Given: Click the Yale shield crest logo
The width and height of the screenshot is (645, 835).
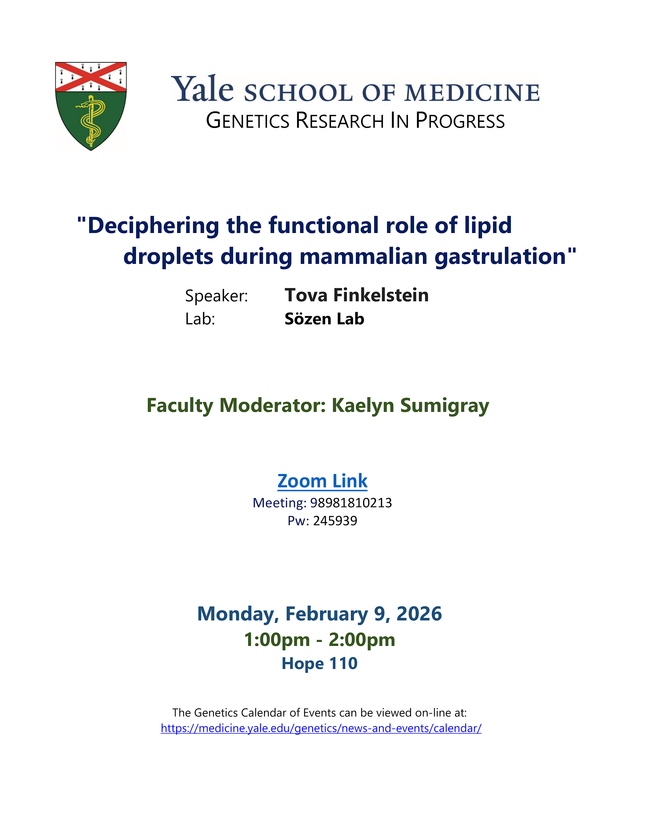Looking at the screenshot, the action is pos(91,106).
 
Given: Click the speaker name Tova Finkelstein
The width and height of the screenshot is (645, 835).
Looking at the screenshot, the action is pos(356,295).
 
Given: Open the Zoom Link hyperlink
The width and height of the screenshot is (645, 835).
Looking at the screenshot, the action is pos(322,481).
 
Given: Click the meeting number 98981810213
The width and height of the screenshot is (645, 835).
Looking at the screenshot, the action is pos(351,503).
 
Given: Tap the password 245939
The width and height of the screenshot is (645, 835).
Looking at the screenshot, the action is pos(335,521).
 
